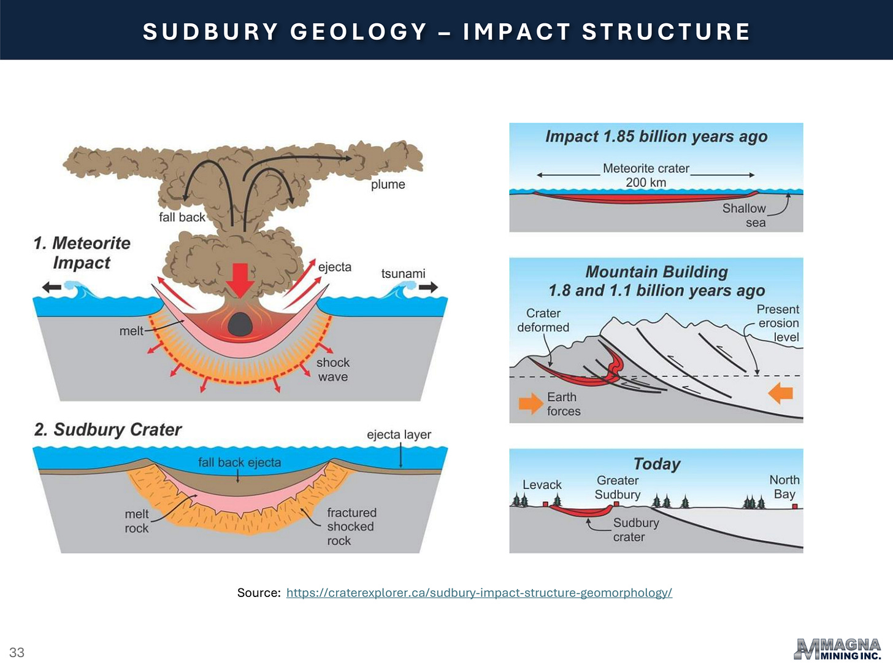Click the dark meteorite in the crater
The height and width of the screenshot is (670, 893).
[x=240, y=324]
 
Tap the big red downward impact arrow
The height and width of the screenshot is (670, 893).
[x=240, y=280]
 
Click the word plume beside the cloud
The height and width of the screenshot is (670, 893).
[x=388, y=185]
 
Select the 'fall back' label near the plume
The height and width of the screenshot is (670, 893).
[x=182, y=217]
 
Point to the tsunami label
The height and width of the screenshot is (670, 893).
[x=403, y=274]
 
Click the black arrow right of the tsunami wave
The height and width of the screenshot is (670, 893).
[x=428, y=287]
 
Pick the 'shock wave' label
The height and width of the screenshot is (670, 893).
[x=333, y=369]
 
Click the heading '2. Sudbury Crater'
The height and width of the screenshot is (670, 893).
[x=108, y=429]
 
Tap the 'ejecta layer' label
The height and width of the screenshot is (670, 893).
[x=399, y=435]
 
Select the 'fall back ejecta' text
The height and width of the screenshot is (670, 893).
[x=239, y=463]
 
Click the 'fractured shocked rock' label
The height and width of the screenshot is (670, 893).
[x=351, y=526]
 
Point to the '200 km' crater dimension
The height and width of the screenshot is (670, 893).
[x=646, y=183]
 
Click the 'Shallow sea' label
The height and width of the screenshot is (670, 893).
[x=744, y=215]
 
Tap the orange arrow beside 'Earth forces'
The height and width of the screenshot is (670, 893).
[x=531, y=403]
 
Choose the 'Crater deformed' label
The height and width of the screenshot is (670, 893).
[x=543, y=320]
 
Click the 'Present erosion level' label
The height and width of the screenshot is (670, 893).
[x=778, y=323]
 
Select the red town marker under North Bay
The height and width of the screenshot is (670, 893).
[x=794, y=506]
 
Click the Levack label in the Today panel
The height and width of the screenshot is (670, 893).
[x=542, y=485]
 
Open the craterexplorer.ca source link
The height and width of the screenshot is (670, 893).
[x=479, y=593]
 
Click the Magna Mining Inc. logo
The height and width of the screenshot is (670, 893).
[x=838, y=649]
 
